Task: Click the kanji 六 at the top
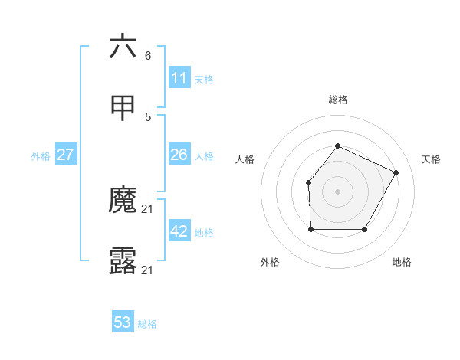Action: coord(123,47)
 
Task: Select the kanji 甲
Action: coord(123,108)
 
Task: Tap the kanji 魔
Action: coord(123,201)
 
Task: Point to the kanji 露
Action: coord(123,262)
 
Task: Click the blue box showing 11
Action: coord(179,78)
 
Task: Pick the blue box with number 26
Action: coord(179,155)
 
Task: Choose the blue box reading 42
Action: coord(179,232)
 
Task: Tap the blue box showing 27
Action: coord(65,155)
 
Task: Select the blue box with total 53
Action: coord(123,322)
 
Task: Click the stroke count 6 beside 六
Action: coord(148,56)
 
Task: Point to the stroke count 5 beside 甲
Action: coord(148,117)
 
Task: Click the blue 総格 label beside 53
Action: coord(147,324)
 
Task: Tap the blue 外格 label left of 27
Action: coord(41,156)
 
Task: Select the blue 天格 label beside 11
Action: coord(204,79)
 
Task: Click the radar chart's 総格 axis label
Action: coord(337,100)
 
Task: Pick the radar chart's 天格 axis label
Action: coord(431,159)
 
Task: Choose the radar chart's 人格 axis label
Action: coord(245,159)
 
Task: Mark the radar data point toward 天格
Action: coord(396,172)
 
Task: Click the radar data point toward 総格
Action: coord(337,146)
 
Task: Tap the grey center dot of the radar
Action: coord(337,191)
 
